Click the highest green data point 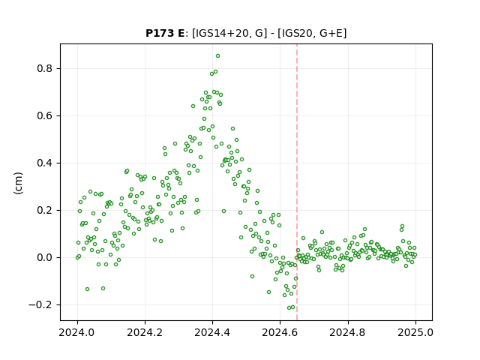(217, 56)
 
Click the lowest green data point (289, 308)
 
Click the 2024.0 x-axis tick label (77, 332)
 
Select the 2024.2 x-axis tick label (145, 332)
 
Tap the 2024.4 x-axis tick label (212, 332)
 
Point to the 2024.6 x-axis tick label (280, 332)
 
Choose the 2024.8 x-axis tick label (347, 332)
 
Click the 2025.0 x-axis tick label (415, 332)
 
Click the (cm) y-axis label (18, 183)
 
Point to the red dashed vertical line (297, 182)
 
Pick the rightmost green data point (415, 255)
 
